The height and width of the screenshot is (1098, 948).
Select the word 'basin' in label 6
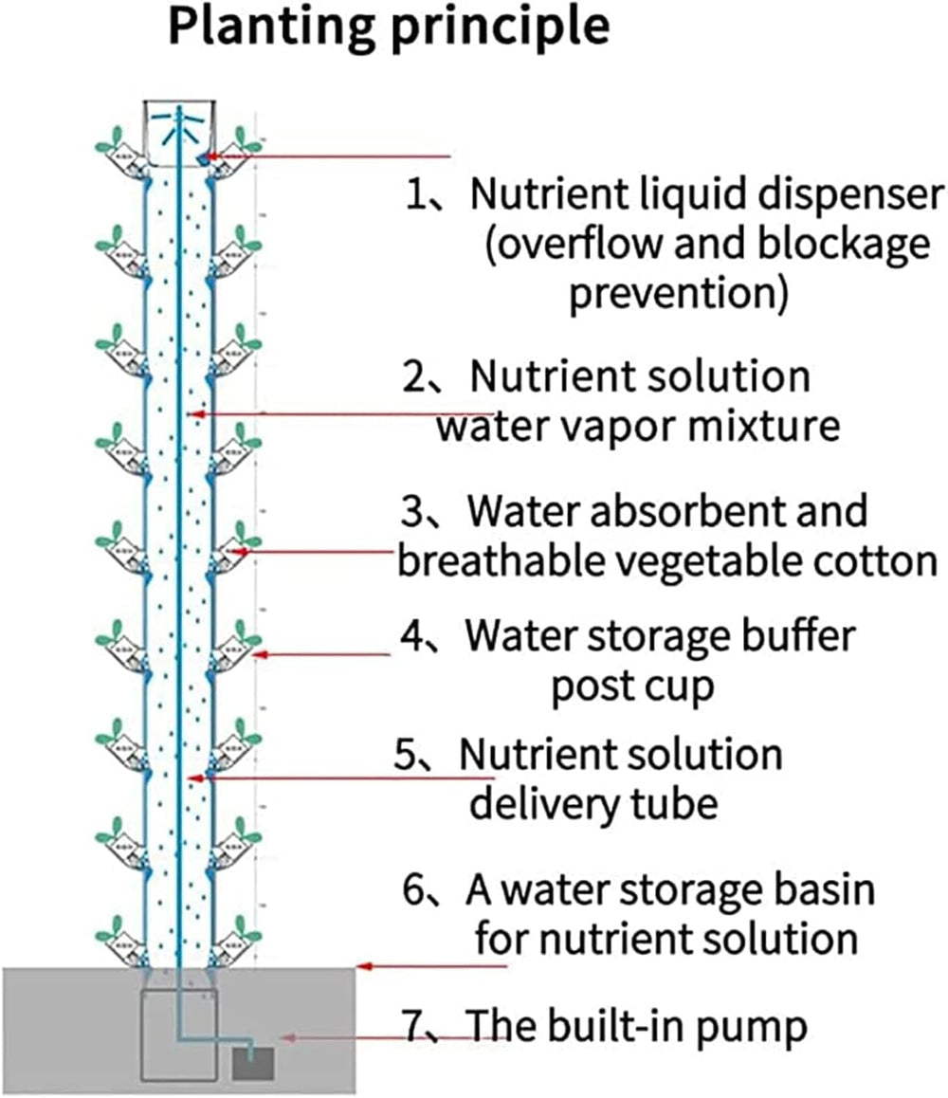tap(820, 891)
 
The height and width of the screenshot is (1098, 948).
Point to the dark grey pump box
tap(253, 1064)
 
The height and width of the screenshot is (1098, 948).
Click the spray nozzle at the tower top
tap(178, 123)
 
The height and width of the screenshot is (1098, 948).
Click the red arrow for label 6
tap(431, 967)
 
